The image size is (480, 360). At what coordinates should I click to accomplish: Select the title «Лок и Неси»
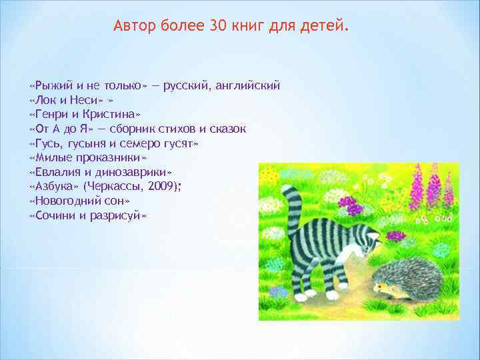click(x=63, y=100)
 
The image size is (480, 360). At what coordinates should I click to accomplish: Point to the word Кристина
click(x=111, y=114)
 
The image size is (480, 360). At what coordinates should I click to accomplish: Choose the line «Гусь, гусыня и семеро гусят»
click(x=114, y=143)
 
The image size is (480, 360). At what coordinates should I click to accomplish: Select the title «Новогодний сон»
click(x=79, y=200)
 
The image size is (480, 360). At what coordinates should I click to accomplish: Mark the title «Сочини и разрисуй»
click(x=88, y=215)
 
